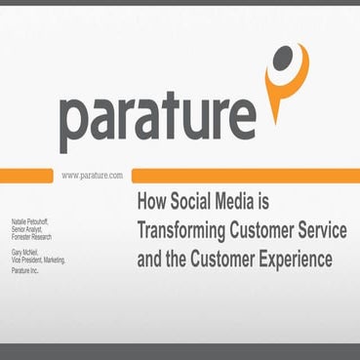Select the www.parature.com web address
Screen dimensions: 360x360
pyautogui.click(x=92, y=175)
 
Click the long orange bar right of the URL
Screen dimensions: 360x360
pyautogui.click(x=244, y=175)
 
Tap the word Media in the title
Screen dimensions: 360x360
pyautogui.click(x=246, y=203)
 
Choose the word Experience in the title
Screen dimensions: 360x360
pyautogui.click(x=292, y=260)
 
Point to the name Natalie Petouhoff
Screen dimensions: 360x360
pyautogui.click(x=47, y=210)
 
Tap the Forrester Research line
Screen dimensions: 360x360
pyautogui.click(x=48, y=226)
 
